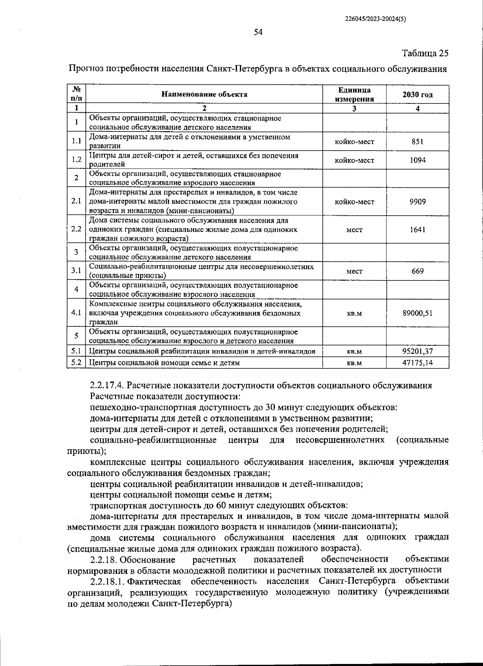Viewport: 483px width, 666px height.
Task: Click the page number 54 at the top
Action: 258,33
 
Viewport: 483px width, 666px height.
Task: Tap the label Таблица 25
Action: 425,53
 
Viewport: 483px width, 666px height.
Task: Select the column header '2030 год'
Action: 417,95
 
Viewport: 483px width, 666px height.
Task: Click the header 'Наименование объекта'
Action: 204,95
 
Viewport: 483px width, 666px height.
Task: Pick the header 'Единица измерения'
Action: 354,95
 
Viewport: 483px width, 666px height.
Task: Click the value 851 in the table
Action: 417,142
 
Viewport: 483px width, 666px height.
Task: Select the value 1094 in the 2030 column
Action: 417,160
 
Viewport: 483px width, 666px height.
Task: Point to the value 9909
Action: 417,202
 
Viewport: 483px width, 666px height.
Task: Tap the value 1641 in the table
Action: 417,230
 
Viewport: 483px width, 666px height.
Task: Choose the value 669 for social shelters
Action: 417,271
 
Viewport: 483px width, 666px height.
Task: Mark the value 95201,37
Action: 417,352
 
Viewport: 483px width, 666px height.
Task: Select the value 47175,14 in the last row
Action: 417,363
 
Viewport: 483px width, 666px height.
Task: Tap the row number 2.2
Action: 76,229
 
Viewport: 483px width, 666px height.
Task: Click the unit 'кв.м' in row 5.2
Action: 354,363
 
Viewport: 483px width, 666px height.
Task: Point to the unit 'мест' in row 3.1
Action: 354,272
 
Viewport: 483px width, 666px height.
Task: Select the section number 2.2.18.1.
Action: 107,581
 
